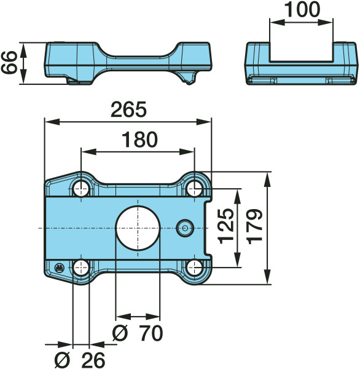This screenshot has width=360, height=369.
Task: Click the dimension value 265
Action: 128,109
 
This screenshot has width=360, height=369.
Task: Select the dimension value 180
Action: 139,140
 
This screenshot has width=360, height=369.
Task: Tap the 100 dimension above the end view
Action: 302,9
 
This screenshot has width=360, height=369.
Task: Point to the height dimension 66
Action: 9,62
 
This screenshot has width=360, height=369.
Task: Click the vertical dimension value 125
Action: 226,226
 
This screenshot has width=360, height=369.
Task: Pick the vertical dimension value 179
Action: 254,226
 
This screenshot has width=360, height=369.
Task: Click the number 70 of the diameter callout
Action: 151,333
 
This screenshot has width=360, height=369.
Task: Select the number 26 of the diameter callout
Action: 93,360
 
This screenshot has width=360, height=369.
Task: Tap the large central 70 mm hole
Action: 138,228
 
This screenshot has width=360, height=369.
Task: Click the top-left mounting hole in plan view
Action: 81,189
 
